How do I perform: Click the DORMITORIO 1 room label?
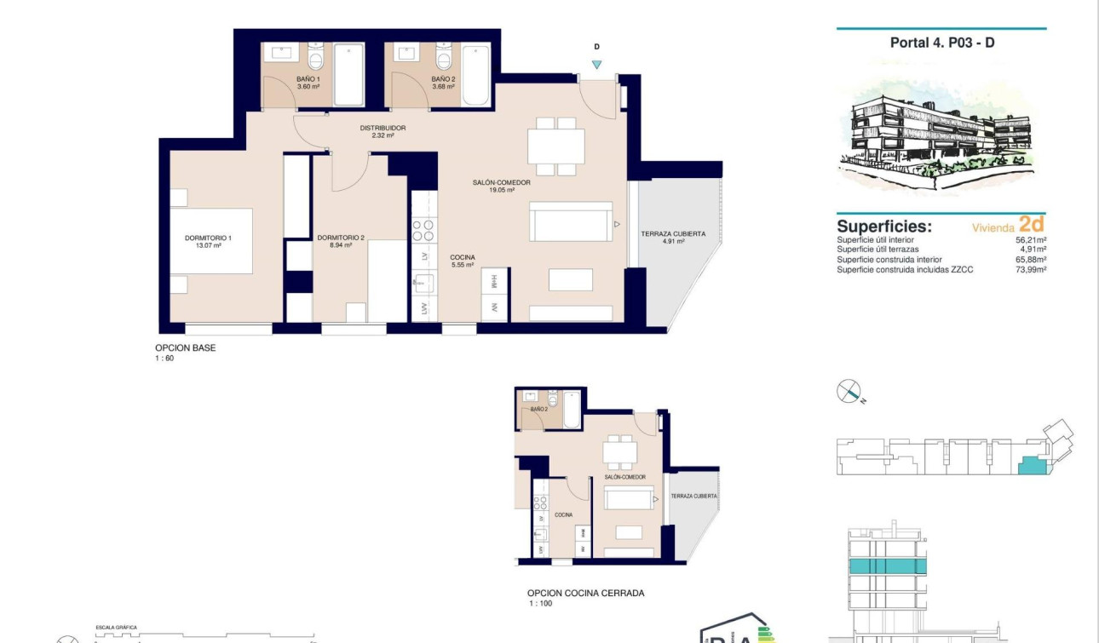click(208, 241)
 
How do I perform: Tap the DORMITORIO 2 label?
click(340, 241)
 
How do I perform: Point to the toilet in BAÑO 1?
click(316, 59)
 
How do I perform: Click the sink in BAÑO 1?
click(280, 53)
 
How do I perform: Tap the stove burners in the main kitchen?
click(423, 231)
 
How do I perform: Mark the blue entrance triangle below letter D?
click(596, 65)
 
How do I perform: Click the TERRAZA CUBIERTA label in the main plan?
click(672, 237)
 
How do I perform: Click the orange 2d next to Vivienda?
click(1031, 225)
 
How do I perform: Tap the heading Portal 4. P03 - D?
click(941, 43)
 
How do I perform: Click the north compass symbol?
click(849, 392)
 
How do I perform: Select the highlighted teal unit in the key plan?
click(1033, 465)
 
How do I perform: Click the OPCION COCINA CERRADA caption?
click(585, 594)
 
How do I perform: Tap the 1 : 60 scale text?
click(164, 359)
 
